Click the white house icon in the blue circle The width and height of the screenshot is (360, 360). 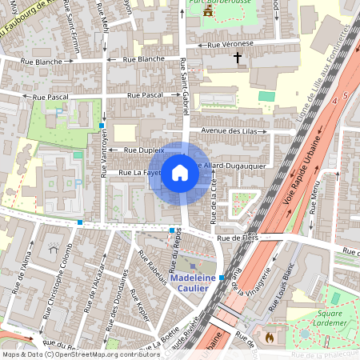pyautogui.click(x=180, y=172)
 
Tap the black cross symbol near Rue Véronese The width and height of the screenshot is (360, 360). pyautogui.click(x=237, y=58)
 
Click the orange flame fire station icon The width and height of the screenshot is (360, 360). pyautogui.click(x=269, y=338)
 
